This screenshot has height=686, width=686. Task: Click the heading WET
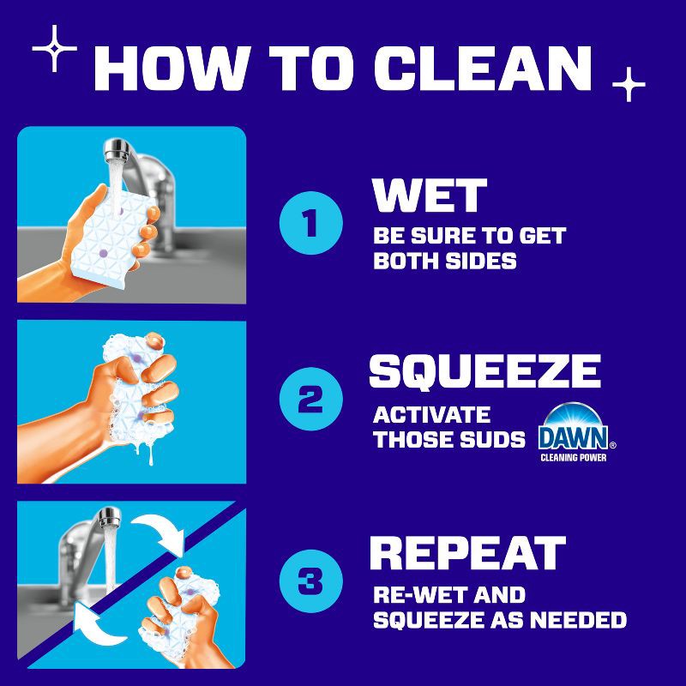pos(430,196)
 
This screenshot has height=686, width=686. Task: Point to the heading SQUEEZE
pos(484,370)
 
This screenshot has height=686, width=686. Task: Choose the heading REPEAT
pos(467,553)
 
